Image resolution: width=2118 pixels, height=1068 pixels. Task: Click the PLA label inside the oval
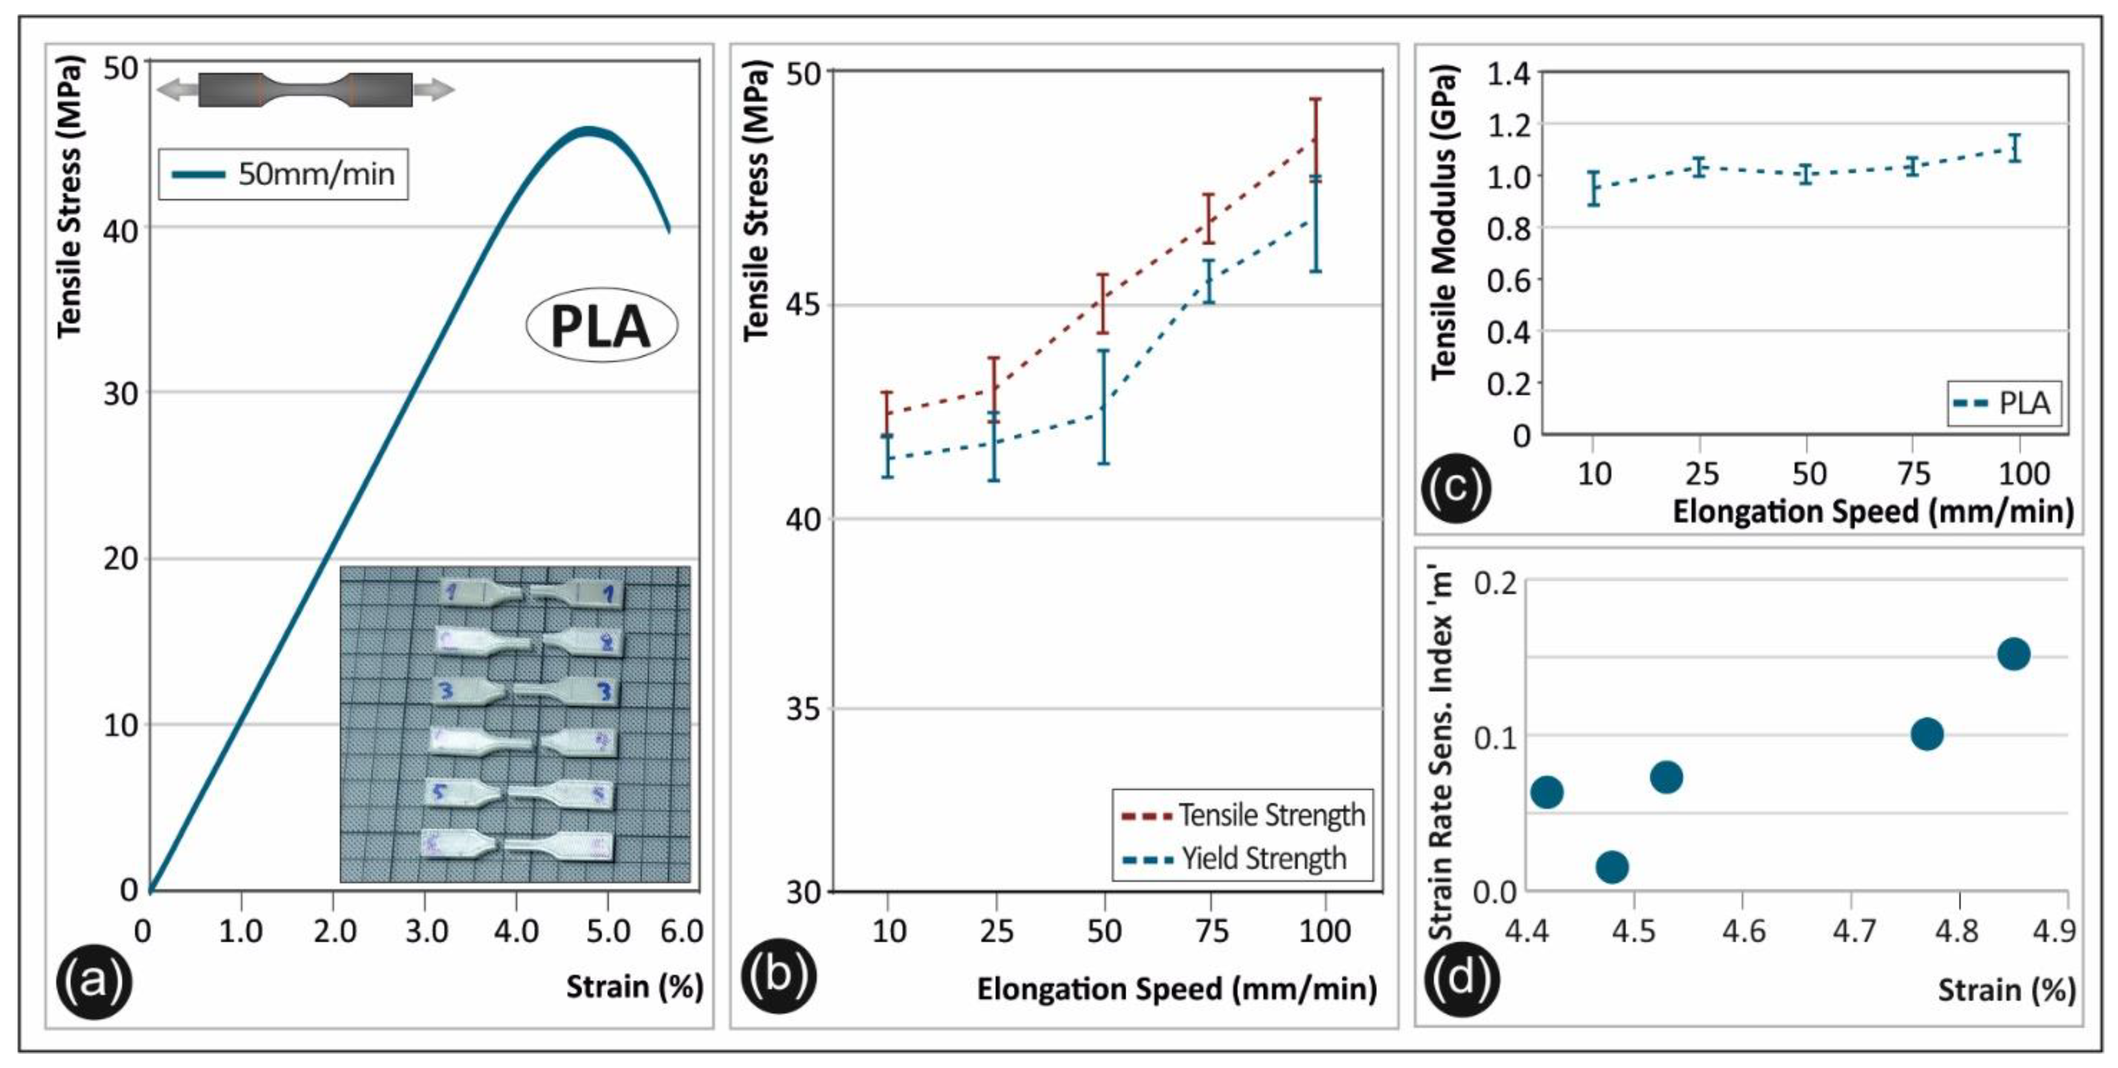pos(601,327)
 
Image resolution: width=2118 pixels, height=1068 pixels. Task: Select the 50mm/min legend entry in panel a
pos(284,174)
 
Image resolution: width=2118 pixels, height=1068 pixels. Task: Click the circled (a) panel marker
pos(93,980)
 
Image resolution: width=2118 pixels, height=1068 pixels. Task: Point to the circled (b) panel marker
pos(778,975)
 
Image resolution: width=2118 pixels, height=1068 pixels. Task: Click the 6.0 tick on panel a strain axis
pos(681,932)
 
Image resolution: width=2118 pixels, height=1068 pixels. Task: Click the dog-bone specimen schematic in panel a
pos(305,89)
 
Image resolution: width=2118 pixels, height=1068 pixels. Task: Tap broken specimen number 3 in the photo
pos(526,690)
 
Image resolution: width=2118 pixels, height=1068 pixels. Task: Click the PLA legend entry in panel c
pos(2005,404)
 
